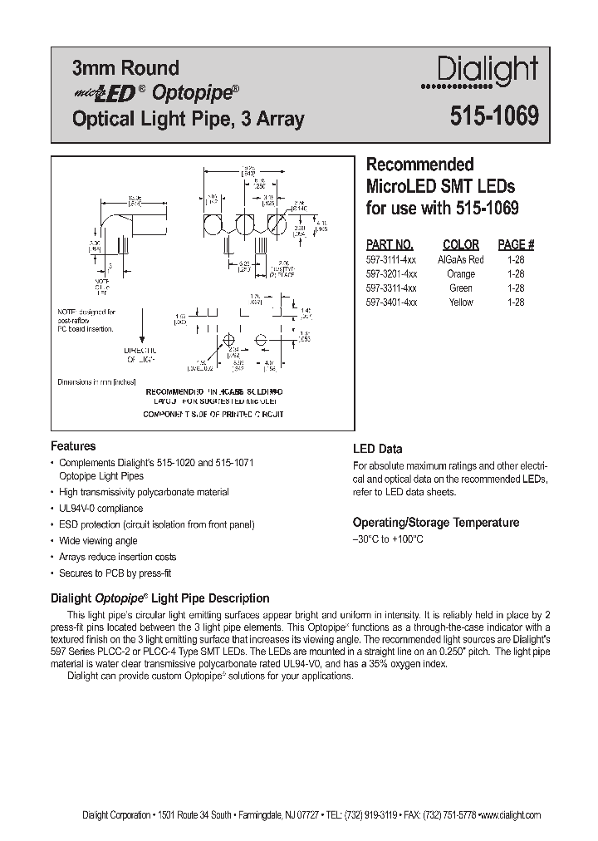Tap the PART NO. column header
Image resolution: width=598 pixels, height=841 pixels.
tap(390, 245)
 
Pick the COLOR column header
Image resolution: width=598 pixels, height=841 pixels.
tap(461, 245)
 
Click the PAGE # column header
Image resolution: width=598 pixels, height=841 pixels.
tap(516, 245)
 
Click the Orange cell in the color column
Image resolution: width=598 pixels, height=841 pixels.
tap(461, 274)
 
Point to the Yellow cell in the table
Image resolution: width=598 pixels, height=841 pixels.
tap(461, 302)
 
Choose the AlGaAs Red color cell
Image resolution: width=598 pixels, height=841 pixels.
tap(461, 260)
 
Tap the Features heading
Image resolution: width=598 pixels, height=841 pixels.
tap(73, 446)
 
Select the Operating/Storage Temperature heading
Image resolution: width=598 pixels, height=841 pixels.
tap(436, 523)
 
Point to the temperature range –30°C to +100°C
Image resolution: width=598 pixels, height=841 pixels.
tap(388, 539)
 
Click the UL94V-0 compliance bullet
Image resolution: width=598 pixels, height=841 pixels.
tap(100, 509)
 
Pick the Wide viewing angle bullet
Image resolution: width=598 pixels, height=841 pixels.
tap(98, 541)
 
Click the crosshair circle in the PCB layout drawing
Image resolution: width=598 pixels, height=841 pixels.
tap(260, 339)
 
